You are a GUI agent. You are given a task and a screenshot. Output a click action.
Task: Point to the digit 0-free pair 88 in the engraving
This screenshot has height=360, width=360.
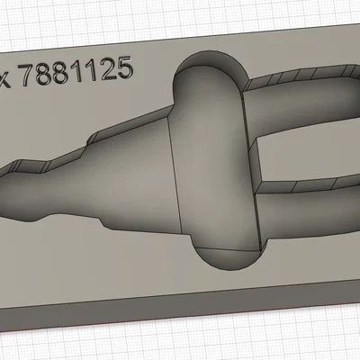tap(61, 73)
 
